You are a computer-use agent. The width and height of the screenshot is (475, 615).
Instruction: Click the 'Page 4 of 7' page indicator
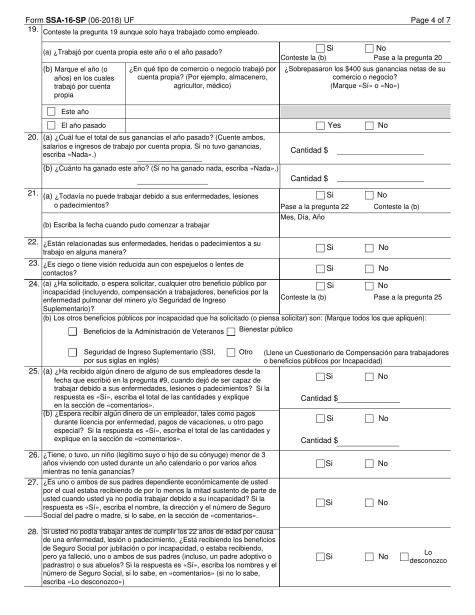(430, 20)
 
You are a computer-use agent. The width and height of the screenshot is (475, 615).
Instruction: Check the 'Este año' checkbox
(51, 111)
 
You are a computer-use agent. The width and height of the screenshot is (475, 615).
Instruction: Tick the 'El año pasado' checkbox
(51, 125)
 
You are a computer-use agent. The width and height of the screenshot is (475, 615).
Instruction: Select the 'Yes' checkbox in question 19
(320, 125)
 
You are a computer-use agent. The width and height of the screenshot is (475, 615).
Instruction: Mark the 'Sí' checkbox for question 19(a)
(320, 48)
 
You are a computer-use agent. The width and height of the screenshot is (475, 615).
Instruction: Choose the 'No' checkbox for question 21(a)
(369, 195)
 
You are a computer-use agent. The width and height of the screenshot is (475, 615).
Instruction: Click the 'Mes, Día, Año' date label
(302, 217)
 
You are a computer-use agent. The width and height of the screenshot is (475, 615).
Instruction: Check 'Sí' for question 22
(320, 247)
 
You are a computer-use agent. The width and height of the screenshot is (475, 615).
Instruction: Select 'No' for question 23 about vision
(369, 268)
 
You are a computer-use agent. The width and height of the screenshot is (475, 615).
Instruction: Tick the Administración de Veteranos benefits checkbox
(72, 331)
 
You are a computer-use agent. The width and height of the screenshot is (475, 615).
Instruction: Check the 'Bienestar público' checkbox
(230, 331)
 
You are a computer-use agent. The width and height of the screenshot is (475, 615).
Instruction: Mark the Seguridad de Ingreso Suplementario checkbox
(72, 352)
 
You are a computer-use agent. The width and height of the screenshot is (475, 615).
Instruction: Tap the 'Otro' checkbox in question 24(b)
(230, 352)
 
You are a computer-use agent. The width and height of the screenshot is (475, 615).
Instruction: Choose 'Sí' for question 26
(320, 464)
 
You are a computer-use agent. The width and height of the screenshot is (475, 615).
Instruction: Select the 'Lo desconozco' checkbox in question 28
(404, 556)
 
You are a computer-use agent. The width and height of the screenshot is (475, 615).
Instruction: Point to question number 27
(33, 483)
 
